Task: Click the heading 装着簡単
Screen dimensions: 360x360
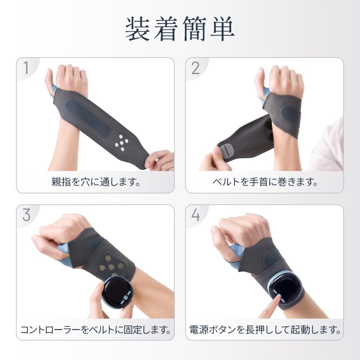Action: click(180, 28)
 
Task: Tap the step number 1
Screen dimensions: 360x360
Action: click(26, 68)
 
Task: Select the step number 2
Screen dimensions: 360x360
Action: click(196, 68)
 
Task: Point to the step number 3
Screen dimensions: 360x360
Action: click(26, 215)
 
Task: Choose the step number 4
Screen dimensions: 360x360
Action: click(196, 215)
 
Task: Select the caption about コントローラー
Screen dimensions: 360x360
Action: click(95, 330)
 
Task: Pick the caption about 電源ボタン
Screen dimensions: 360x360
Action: click(264, 330)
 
